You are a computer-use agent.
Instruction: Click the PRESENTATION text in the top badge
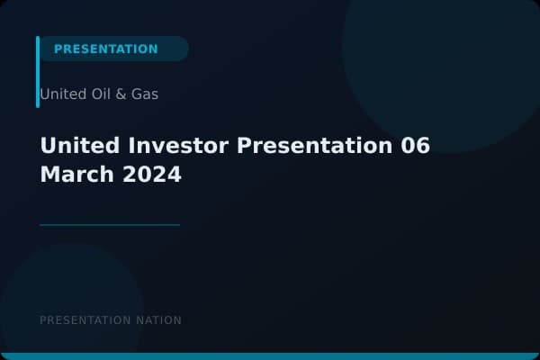pyautogui.click(x=105, y=49)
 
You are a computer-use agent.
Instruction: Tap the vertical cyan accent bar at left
pyautogui.click(x=38, y=72)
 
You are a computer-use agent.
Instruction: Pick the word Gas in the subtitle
pyautogui.click(x=144, y=94)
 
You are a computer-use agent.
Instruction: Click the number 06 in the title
pyautogui.click(x=416, y=146)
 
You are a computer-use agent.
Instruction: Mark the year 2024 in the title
pyautogui.click(x=151, y=175)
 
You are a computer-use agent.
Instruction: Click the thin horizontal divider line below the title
pyautogui.click(x=110, y=225)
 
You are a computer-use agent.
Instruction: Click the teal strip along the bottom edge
pyautogui.click(x=270, y=356)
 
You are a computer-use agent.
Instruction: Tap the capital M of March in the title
pyautogui.click(x=49, y=175)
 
